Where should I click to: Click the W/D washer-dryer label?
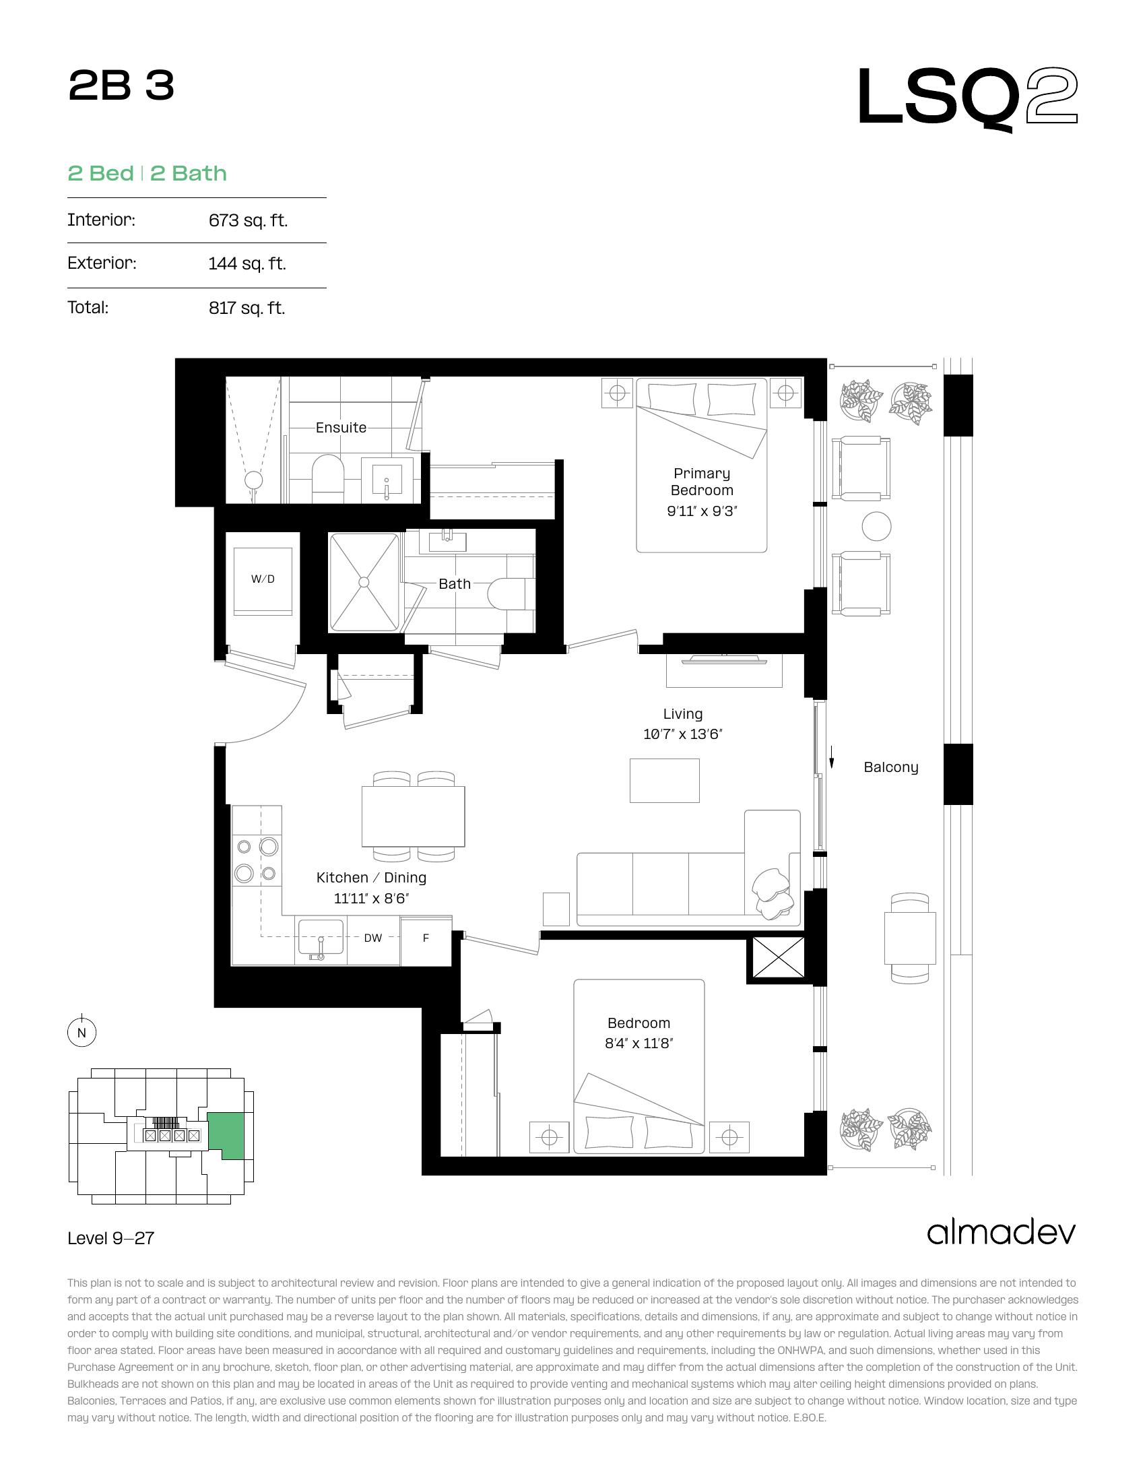click(x=263, y=579)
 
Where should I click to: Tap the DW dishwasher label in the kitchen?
click(x=373, y=938)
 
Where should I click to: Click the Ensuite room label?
click(x=341, y=428)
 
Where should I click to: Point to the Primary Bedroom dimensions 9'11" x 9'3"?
click(x=701, y=511)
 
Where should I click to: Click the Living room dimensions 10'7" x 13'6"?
click(x=683, y=734)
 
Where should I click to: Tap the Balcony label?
click(x=890, y=767)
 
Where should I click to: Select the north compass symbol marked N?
click(x=81, y=1033)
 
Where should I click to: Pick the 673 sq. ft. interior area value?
click(x=249, y=220)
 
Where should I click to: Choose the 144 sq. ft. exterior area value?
click(x=248, y=263)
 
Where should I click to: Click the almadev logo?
click(x=1001, y=1231)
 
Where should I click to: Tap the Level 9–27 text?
click(x=111, y=1238)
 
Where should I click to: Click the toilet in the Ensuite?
click(x=328, y=478)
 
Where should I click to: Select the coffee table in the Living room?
click(x=665, y=780)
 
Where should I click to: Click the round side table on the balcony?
click(x=876, y=526)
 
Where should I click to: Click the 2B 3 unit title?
click(x=121, y=87)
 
